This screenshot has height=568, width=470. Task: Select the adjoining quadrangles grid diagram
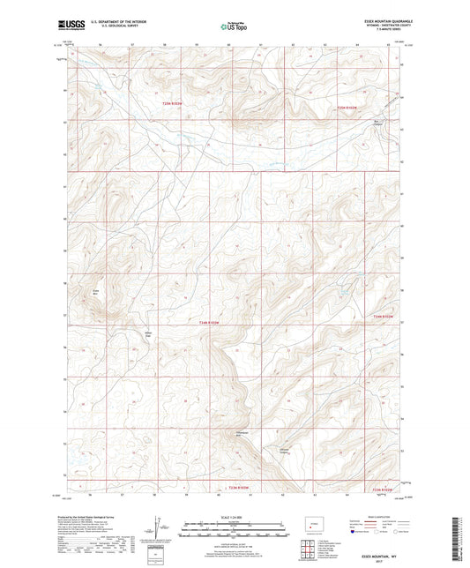306,551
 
